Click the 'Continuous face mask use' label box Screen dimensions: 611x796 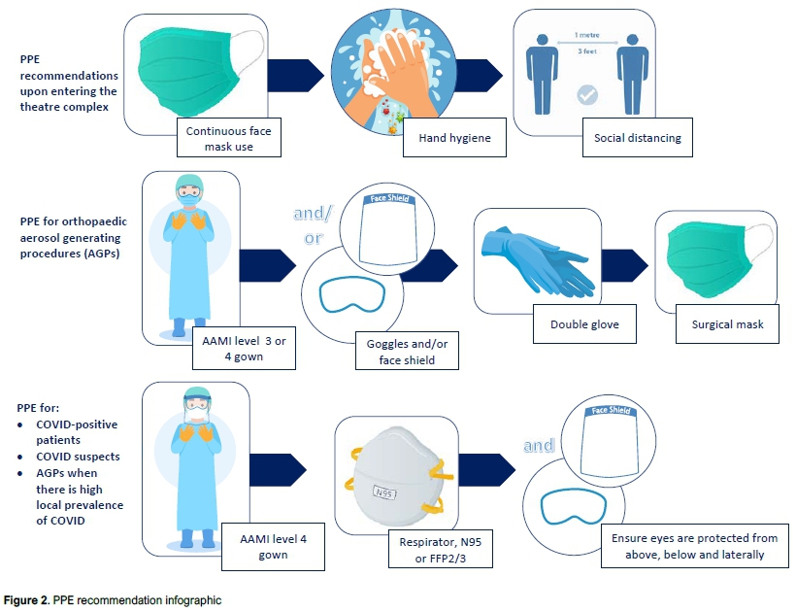point(228,138)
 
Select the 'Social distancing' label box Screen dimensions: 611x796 point(637,138)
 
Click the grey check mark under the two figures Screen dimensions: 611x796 point(586,95)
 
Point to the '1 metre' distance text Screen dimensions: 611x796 point(587,34)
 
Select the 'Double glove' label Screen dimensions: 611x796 point(584,324)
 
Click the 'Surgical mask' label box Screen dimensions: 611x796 point(725,324)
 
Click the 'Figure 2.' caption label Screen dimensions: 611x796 point(26,600)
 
